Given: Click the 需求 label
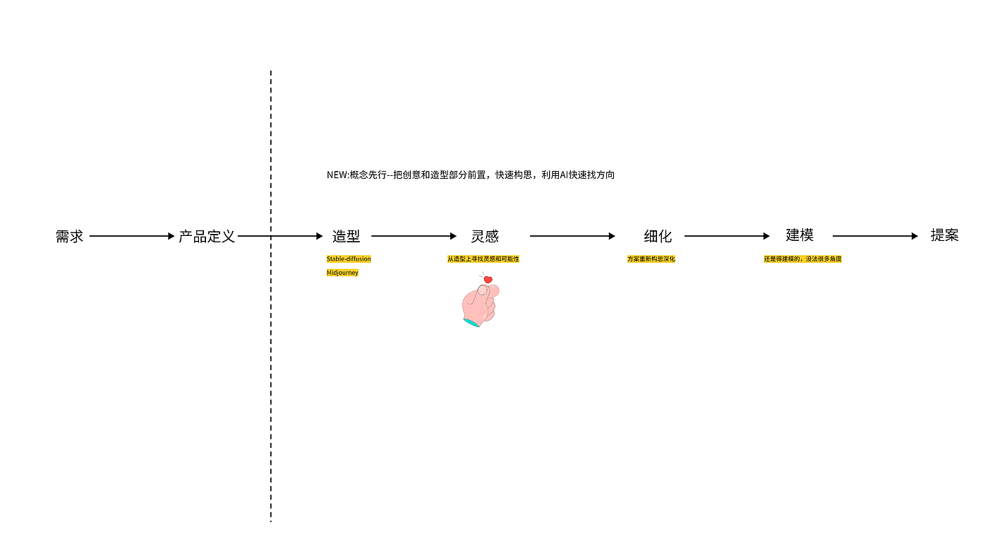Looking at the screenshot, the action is pos(69,237).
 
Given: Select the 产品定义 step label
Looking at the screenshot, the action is pos(206,237).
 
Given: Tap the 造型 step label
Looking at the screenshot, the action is pos(346,237).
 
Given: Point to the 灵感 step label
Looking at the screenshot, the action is pos(485,237).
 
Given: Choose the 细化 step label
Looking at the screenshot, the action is pos(658,237).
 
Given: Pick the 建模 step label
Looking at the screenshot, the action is pos(800,236).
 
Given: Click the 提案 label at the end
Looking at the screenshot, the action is pos(944,236).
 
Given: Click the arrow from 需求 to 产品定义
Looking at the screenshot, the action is pos(131,236).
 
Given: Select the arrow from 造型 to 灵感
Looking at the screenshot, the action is pos(414,236).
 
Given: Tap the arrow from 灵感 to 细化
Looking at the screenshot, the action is pos(572,236).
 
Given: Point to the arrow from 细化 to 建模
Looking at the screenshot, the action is pos(727,236).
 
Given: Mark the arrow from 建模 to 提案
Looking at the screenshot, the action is pos(875,236).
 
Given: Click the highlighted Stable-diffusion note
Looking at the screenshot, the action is pos(349,259).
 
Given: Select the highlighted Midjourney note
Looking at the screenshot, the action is pos(342,273).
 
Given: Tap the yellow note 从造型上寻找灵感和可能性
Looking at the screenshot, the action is pos(483,259).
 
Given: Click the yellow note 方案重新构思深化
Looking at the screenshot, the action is pos(651,259).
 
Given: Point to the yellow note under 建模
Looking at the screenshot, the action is pos(802,259).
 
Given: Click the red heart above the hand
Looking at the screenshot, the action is pos(488,280).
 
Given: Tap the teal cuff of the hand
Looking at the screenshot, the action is pos(471,323).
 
